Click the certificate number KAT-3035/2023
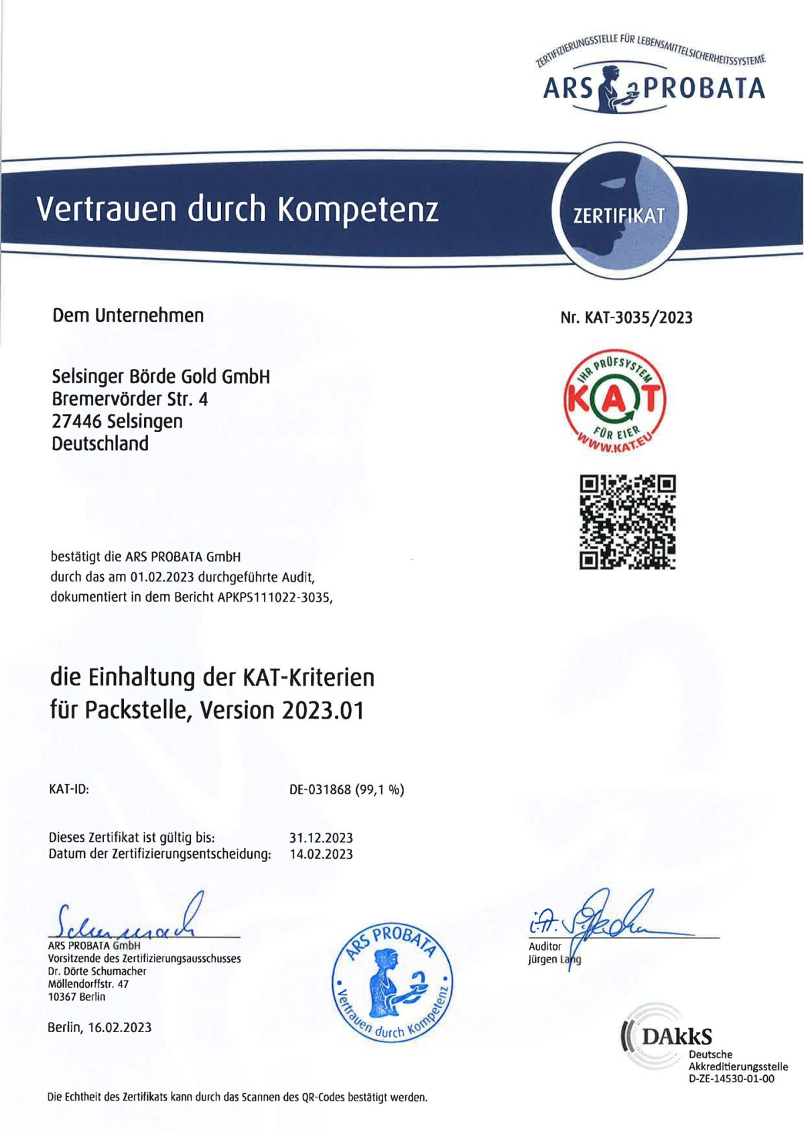[x=639, y=317]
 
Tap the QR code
[x=627, y=522]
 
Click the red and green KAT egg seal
[x=614, y=401]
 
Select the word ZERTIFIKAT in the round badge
[x=619, y=216]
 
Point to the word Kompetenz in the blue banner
[x=358, y=210]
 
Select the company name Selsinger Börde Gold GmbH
[x=161, y=376]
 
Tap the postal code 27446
[x=77, y=421]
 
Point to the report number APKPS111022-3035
[x=274, y=597]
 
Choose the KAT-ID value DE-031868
[x=320, y=790]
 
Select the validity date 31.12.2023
[x=321, y=838]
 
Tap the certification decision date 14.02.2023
[x=321, y=854]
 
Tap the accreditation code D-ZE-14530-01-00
[x=731, y=1079]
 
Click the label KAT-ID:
[x=69, y=790]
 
